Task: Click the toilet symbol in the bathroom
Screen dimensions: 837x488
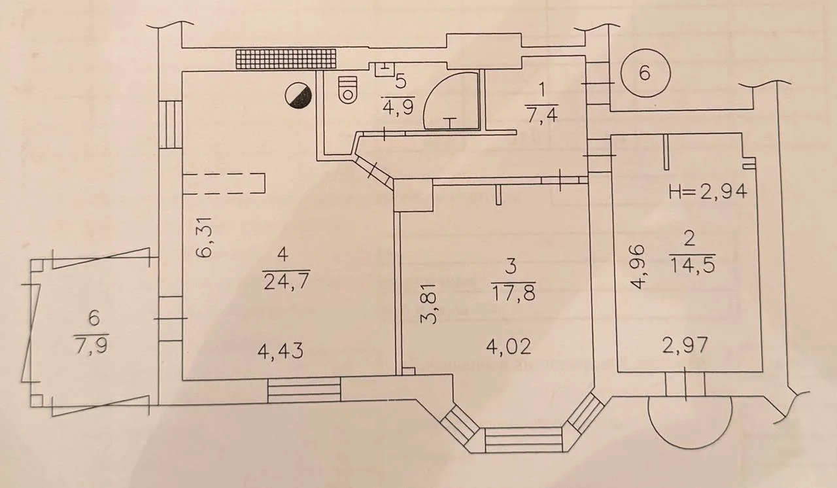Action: coord(347,90)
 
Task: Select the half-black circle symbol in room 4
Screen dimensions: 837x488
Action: coord(298,96)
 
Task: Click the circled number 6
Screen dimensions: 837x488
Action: coord(645,73)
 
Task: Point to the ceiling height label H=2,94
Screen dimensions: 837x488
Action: coord(708,192)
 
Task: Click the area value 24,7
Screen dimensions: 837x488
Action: coord(286,282)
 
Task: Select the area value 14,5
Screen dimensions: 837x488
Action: coord(692,266)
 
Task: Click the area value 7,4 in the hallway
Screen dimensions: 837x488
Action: coord(542,115)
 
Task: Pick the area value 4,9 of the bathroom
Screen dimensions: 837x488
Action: coord(398,108)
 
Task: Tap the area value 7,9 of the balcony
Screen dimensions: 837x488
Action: coord(92,345)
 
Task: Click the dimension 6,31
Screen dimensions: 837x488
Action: coord(205,237)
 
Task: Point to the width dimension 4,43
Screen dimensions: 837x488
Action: coord(281,351)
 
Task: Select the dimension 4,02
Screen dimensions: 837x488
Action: coord(509,347)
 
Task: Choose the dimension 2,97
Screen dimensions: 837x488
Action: coord(685,345)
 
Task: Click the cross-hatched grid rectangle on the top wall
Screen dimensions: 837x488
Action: coord(286,59)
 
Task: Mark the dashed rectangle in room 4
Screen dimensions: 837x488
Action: coord(224,183)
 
